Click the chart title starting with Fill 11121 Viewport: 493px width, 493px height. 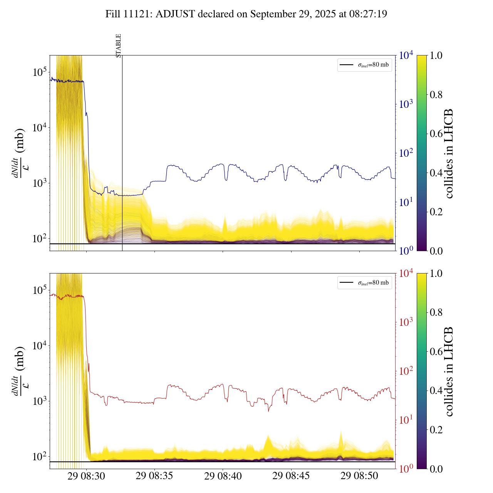pyautogui.click(x=246, y=14)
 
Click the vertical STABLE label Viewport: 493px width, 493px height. pyautogui.click(x=119, y=45)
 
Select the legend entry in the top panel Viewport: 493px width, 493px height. pyautogui.click(x=365, y=65)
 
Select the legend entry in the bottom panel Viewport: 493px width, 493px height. pyautogui.click(x=365, y=283)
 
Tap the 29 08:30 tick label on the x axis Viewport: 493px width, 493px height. pyautogui.click(x=86, y=476)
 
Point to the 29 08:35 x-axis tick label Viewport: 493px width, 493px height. pyautogui.click(x=154, y=476)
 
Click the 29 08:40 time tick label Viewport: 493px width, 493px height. pyautogui.click(x=223, y=476)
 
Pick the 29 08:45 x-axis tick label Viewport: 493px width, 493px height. pyautogui.click(x=291, y=476)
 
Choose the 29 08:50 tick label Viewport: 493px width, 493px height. pyautogui.click(x=359, y=476)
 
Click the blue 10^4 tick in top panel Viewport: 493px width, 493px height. pyautogui.click(x=406, y=55)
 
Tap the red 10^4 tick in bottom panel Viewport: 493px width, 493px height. pyautogui.click(x=406, y=273)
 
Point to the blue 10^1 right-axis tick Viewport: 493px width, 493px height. pyautogui.click(x=406, y=202)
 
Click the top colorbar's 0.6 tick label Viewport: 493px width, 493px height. pyautogui.click(x=436, y=134)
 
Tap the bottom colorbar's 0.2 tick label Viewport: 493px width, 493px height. pyautogui.click(x=436, y=430)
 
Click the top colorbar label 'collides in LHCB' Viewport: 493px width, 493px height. pyautogui.click(x=449, y=153)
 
